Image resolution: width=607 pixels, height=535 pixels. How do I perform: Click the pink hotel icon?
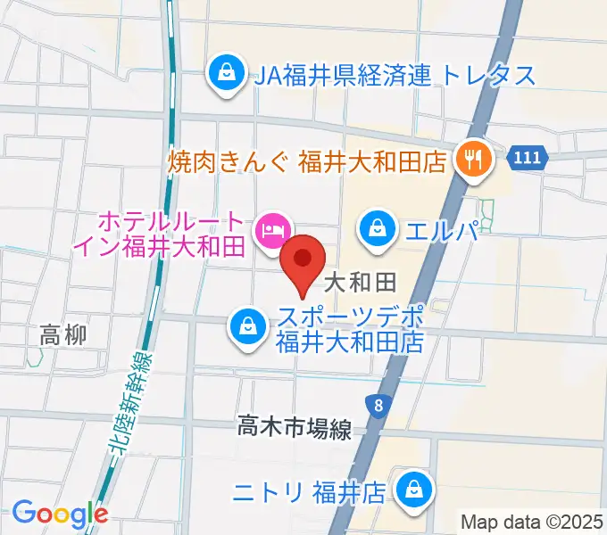[270, 231]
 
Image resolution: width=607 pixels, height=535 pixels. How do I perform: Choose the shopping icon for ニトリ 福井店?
[414, 490]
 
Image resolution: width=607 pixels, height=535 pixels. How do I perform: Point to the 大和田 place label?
[360, 284]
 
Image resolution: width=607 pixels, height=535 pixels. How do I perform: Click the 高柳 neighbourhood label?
[63, 336]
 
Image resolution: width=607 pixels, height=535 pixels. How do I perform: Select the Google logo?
[60, 514]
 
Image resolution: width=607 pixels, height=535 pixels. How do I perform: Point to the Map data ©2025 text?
[532, 520]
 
